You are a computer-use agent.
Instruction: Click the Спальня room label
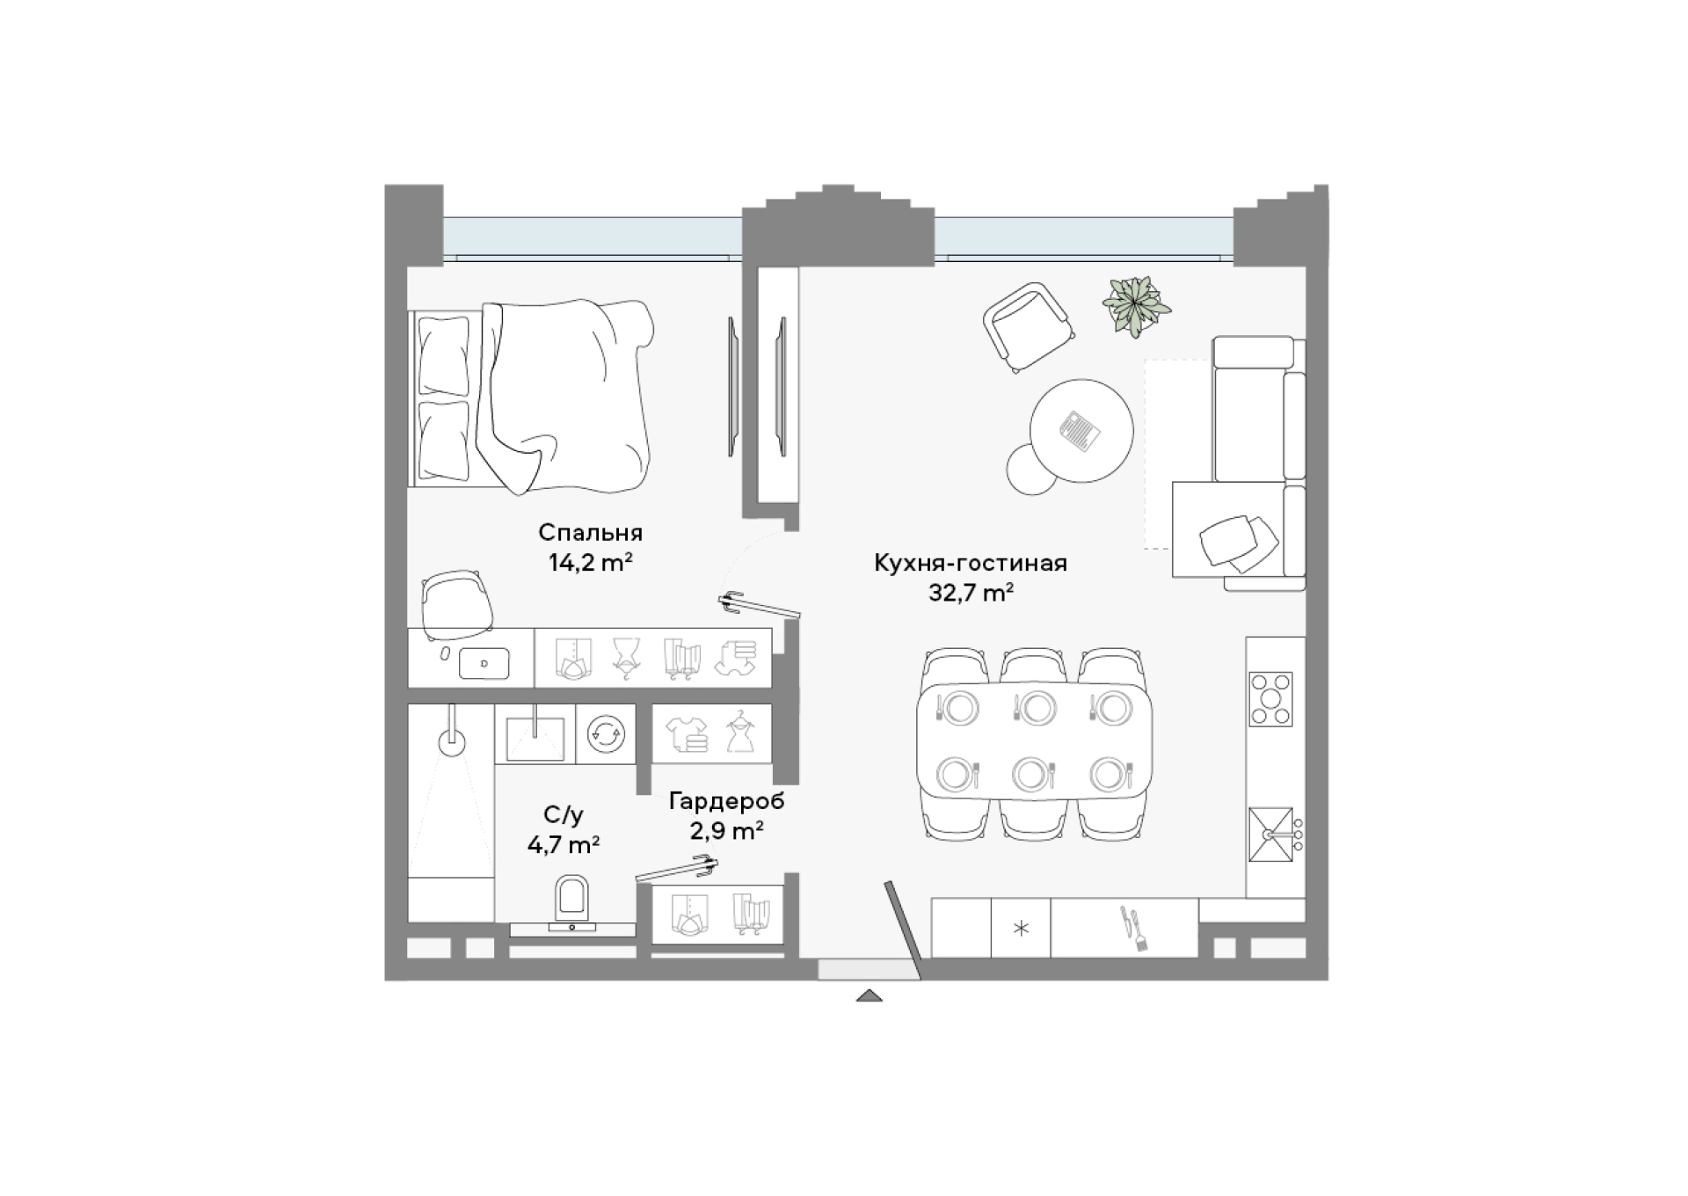click(x=590, y=533)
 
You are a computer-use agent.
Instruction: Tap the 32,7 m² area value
click(x=971, y=593)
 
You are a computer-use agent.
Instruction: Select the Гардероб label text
click(x=726, y=802)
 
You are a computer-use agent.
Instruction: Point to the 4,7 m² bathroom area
click(x=564, y=845)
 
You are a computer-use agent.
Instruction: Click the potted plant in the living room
click(x=1136, y=306)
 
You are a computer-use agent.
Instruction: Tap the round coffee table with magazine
click(x=1081, y=431)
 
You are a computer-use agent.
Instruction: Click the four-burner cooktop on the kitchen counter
click(x=1271, y=699)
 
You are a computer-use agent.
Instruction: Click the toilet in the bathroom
click(x=572, y=900)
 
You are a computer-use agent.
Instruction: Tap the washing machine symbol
click(x=607, y=733)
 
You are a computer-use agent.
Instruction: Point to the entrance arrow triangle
click(x=869, y=995)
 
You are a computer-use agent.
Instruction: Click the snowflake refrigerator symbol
click(x=1021, y=928)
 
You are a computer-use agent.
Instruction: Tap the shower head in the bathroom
click(x=452, y=740)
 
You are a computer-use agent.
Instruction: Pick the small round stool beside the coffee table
click(x=1032, y=470)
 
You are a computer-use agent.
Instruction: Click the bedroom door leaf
click(x=760, y=607)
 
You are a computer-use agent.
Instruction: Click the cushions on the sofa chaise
click(x=1239, y=539)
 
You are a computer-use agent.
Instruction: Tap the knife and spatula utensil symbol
click(x=1130, y=929)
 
